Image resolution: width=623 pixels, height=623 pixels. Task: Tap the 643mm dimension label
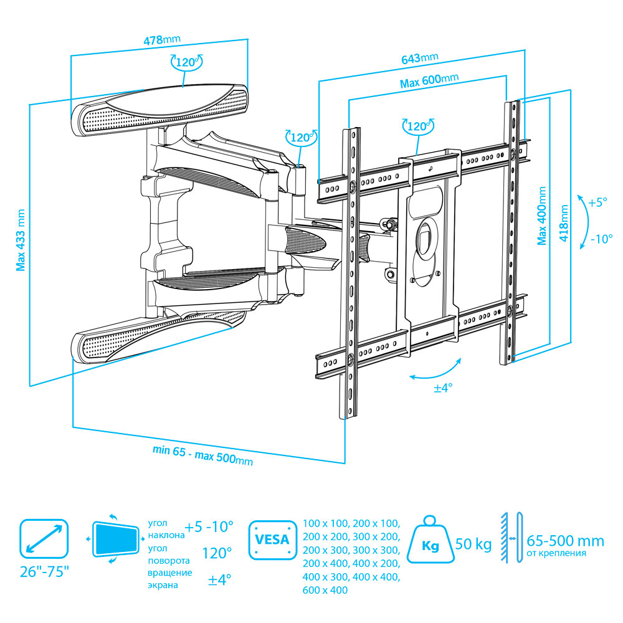tap(419, 59)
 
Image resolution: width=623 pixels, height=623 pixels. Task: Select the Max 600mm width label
tap(429, 81)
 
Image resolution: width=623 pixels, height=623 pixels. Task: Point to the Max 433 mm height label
tap(22, 240)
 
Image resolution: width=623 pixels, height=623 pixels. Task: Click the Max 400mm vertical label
tap(542, 215)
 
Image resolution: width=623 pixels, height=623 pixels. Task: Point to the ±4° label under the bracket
tap(443, 388)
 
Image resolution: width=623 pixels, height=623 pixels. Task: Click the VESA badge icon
tap(272, 538)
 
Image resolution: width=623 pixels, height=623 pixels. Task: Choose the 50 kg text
tap(473, 544)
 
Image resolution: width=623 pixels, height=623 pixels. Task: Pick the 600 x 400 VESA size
tap(325, 590)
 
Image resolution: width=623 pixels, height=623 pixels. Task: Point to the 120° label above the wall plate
tap(186, 62)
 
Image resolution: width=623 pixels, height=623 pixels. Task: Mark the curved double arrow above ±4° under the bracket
tap(436, 371)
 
